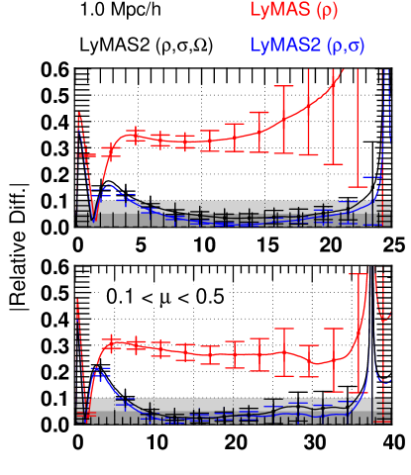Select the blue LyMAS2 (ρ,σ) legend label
pyautogui.click(x=314, y=46)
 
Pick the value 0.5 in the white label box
pyautogui.click(x=209, y=296)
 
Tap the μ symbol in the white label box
pyautogui.click(x=163, y=297)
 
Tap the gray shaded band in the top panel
pyautogui.click(x=238, y=208)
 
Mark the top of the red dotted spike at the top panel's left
pyautogui.click(x=77, y=113)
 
